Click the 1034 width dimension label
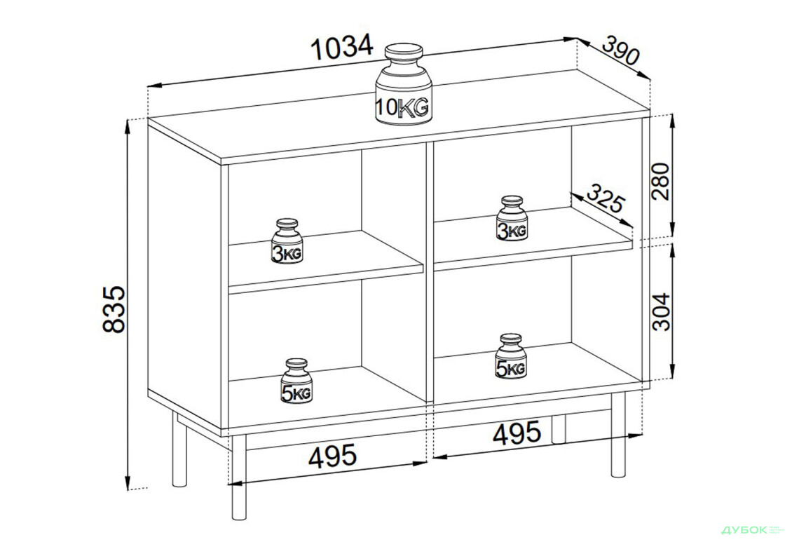[x=343, y=48]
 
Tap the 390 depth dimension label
[x=621, y=50]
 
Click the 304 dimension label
[x=661, y=311]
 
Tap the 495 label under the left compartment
[x=332, y=456]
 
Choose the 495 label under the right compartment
[x=517, y=433]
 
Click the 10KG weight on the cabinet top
[x=404, y=84]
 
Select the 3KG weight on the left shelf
[x=287, y=241]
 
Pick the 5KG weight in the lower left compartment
[x=296, y=381]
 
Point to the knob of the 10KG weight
[x=404, y=53]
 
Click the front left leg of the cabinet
[x=239, y=477]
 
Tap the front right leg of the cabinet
[x=617, y=434]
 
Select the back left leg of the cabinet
[x=179, y=449]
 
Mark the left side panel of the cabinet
[x=185, y=273]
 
